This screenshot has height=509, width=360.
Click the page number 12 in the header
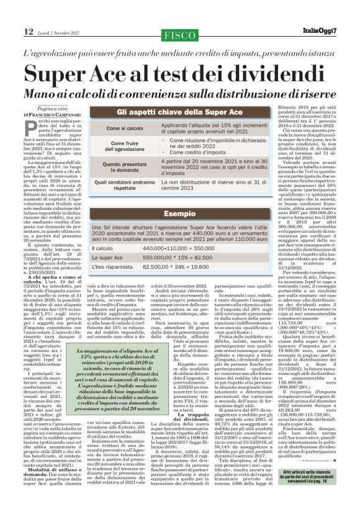tap(11, 31)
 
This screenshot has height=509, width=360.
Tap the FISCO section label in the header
tap(179, 33)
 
